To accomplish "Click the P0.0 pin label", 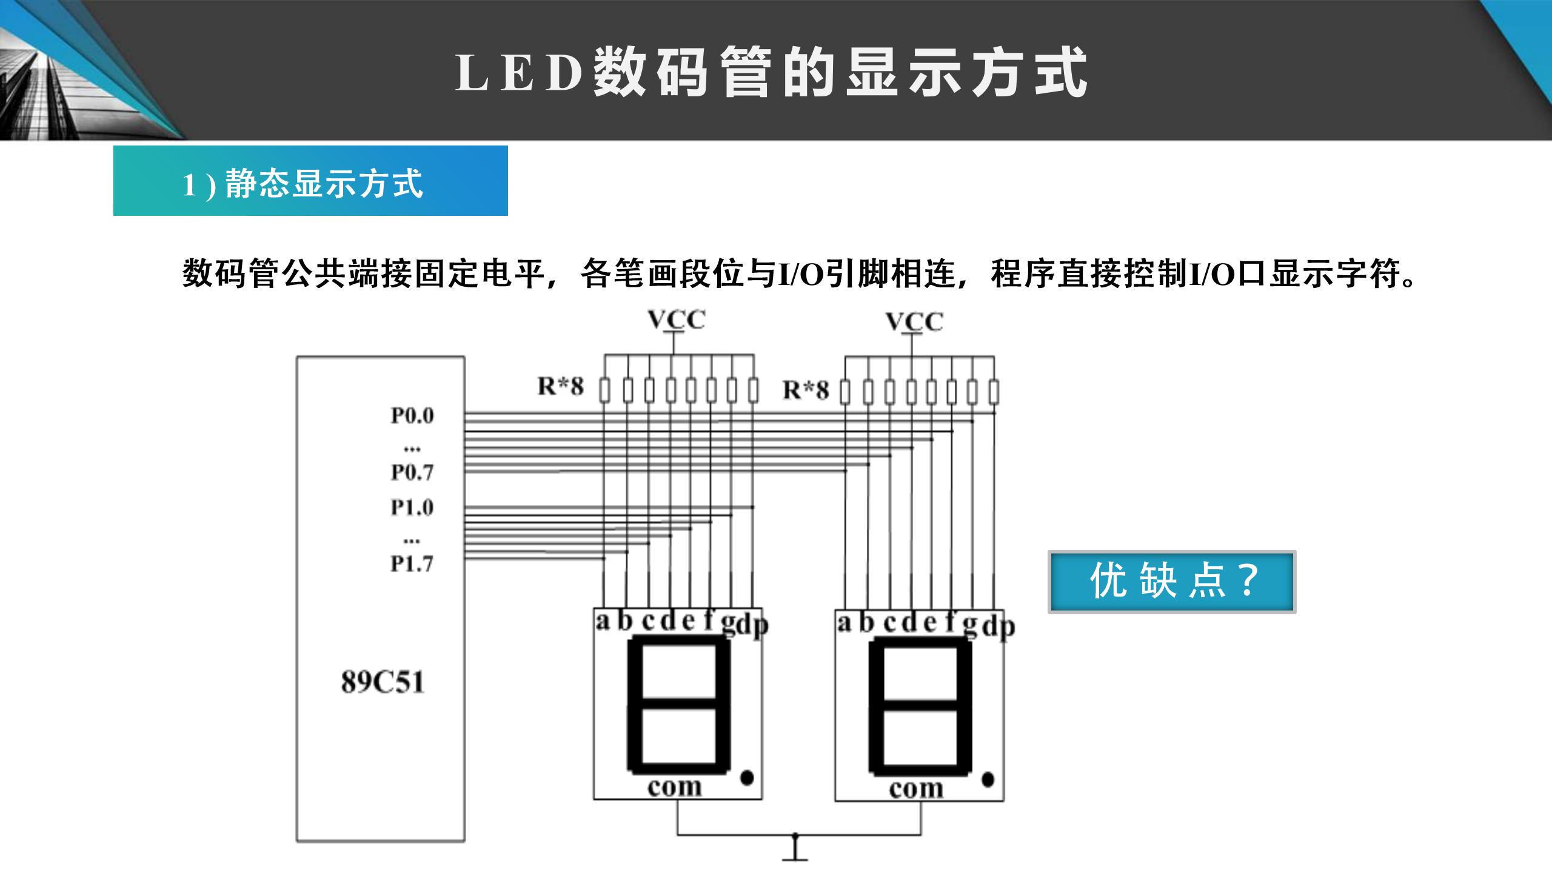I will [x=412, y=415].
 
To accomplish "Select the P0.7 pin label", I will [x=412, y=472].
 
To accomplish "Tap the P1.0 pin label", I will [x=412, y=507].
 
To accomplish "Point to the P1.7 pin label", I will [x=412, y=564].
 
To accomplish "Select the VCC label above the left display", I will [x=677, y=319].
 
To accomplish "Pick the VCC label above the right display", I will [x=914, y=321].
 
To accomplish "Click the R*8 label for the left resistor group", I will [x=561, y=386].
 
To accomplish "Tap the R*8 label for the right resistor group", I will [x=806, y=389].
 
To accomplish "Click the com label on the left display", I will [x=674, y=787].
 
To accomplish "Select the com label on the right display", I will [x=916, y=789].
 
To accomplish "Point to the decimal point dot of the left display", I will [x=747, y=777].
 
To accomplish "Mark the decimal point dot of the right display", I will [x=988, y=779].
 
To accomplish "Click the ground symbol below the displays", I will [x=795, y=852].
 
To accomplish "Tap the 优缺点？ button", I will [x=1172, y=581].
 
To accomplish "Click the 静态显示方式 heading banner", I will [x=310, y=181].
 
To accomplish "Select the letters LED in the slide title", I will [x=518, y=73].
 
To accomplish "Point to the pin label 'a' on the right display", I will [x=844, y=622].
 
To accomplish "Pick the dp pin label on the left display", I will [x=753, y=624].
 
